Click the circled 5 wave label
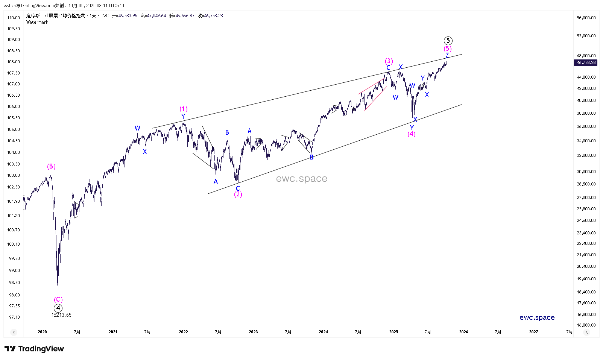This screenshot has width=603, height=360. tap(448, 41)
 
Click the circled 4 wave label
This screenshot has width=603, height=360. tap(58, 308)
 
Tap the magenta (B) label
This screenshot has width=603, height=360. tap(51, 166)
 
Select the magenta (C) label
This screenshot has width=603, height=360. tap(58, 299)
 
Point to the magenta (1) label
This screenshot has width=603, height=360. tap(183, 109)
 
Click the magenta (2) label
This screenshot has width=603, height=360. tap(238, 194)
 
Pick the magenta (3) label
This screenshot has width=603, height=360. tap(389, 61)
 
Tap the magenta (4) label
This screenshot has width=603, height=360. tap(412, 134)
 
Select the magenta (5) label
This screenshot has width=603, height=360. tap(447, 49)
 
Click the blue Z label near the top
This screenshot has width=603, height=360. tap(447, 55)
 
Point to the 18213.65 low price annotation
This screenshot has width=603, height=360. tap(61, 315)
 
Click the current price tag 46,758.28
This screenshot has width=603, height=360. tap(586, 63)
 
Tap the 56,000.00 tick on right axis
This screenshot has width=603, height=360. tap(586, 18)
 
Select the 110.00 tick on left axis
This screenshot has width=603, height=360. tap(14, 18)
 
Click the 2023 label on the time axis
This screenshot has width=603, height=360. tap(253, 332)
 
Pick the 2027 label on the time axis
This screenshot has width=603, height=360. tap(533, 332)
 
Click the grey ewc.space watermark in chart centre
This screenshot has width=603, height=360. tap(301, 179)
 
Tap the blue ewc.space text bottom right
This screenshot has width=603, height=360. tap(537, 317)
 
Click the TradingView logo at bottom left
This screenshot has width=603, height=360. tap(34, 349)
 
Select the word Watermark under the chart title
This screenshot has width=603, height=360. tap(37, 22)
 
